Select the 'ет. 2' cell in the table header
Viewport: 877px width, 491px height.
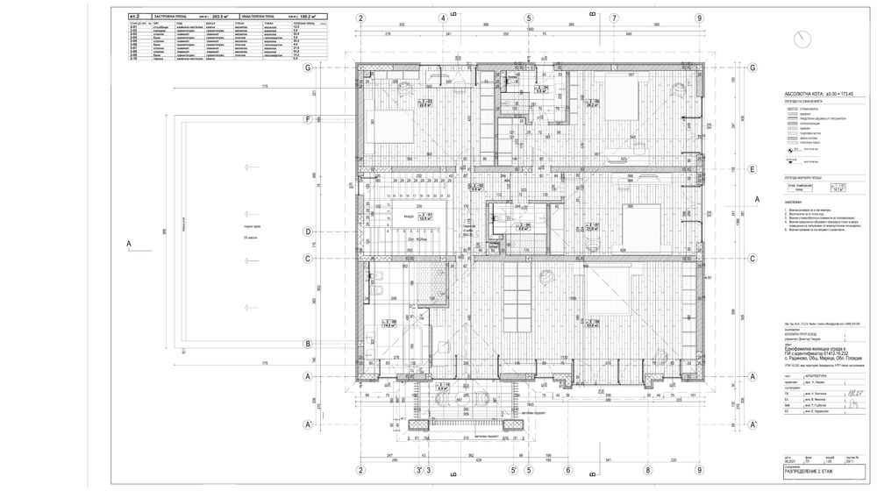click(134, 16)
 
